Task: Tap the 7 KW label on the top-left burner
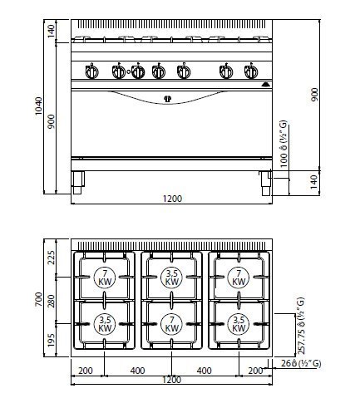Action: [x=105, y=278]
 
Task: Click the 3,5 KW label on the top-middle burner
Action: [x=172, y=278]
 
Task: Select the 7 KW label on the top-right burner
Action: [x=239, y=278]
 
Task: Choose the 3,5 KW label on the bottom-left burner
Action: [x=105, y=323]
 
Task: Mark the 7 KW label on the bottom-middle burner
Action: [x=172, y=323]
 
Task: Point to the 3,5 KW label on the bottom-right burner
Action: [x=239, y=323]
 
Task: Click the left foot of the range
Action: [x=78, y=182]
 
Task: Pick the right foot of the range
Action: [x=264, y=182]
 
